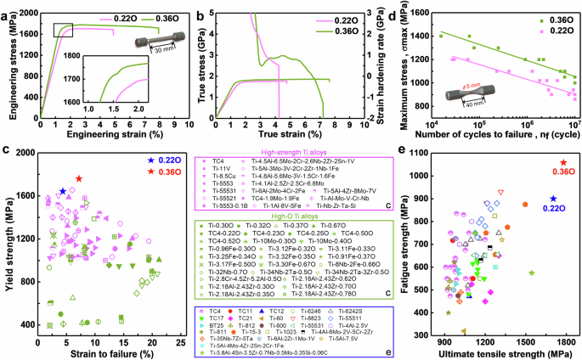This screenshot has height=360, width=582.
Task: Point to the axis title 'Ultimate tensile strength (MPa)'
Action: (506, 354)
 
